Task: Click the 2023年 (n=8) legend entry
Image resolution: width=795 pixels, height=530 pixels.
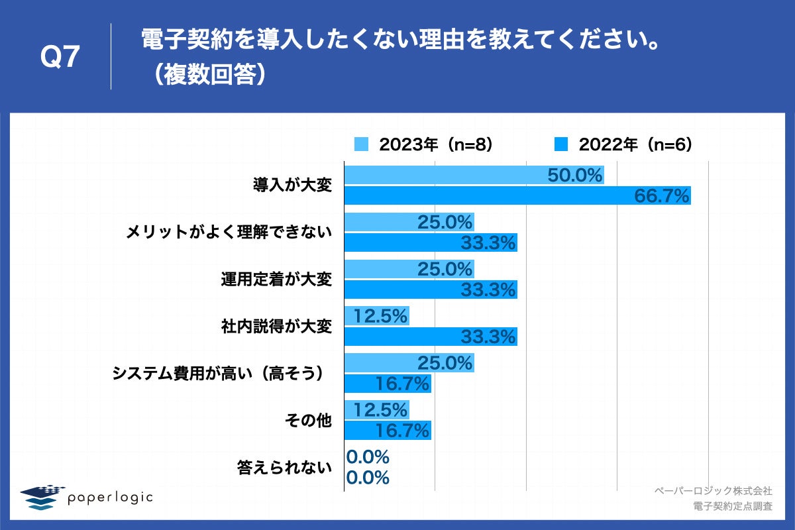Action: [424, 144]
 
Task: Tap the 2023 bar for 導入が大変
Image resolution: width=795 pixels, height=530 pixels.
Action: [474, 175]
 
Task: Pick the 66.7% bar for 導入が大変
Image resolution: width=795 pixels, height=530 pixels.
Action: [517, 195]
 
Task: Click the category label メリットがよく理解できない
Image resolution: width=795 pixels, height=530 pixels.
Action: [229, 233]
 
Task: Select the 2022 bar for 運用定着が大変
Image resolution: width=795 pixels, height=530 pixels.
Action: [430, 290]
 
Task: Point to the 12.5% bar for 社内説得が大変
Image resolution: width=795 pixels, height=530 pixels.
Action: [376, 316]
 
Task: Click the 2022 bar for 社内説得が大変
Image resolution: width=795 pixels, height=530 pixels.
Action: [430, 337]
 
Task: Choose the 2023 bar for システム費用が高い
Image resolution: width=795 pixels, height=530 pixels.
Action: [409, 363]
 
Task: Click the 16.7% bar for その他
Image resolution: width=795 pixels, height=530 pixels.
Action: [388, 431]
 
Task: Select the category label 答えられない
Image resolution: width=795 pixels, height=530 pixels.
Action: [284, 468]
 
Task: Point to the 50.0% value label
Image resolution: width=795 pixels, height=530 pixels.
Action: [575, 176]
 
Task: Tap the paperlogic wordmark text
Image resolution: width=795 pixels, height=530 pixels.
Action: [110, 497]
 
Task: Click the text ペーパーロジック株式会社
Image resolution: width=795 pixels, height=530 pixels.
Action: [713, 491]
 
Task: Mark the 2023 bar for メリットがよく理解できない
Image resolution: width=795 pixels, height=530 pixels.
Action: [409, 222]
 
